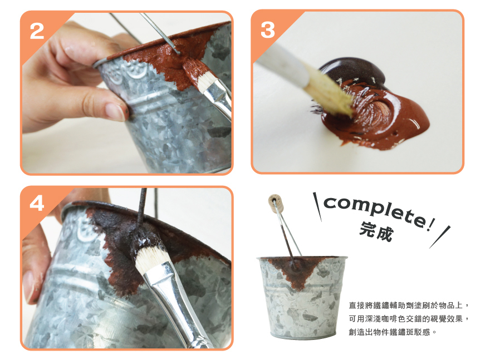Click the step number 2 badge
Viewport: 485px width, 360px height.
37,31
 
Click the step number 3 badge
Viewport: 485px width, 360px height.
267,30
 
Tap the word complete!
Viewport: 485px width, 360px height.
379,211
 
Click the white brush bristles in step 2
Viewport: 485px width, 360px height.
206,82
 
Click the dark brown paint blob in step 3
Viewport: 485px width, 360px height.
356,71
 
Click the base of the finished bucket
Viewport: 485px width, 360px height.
303,335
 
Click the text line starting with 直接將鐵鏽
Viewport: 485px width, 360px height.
409,305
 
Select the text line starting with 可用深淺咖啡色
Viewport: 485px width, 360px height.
409,319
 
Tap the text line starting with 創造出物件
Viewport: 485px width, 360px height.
392,332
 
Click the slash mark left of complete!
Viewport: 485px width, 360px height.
317,207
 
